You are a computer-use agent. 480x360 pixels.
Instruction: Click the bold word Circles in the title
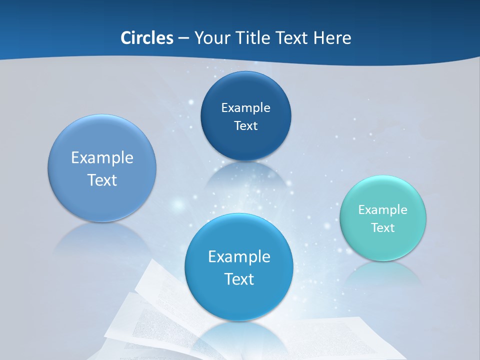pyautogui.click(x=146, y=37)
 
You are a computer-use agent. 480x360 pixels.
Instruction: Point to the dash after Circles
pyautogui.click(x=183, y=38)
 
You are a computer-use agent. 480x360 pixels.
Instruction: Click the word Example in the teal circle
pyautogui.click(x=383, y=209)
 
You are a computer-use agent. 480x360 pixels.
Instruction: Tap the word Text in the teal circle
pyautogui.click(x=383, y=227)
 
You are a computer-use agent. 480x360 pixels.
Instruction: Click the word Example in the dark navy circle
pyautogui.click(x=245, y=107)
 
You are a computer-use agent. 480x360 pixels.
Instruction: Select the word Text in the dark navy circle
pyautogui.click(x=245, y=125)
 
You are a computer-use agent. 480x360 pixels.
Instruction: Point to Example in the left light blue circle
pyautogui.click(x=102, y=157)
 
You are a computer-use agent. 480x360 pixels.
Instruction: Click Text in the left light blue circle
pyautogui.click(x=102, y=180)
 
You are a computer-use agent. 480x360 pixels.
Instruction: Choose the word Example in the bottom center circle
pyautogui.click(x=239, y=256)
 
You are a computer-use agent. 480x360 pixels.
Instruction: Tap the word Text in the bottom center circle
pyautogui.click(x=239, y=278)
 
